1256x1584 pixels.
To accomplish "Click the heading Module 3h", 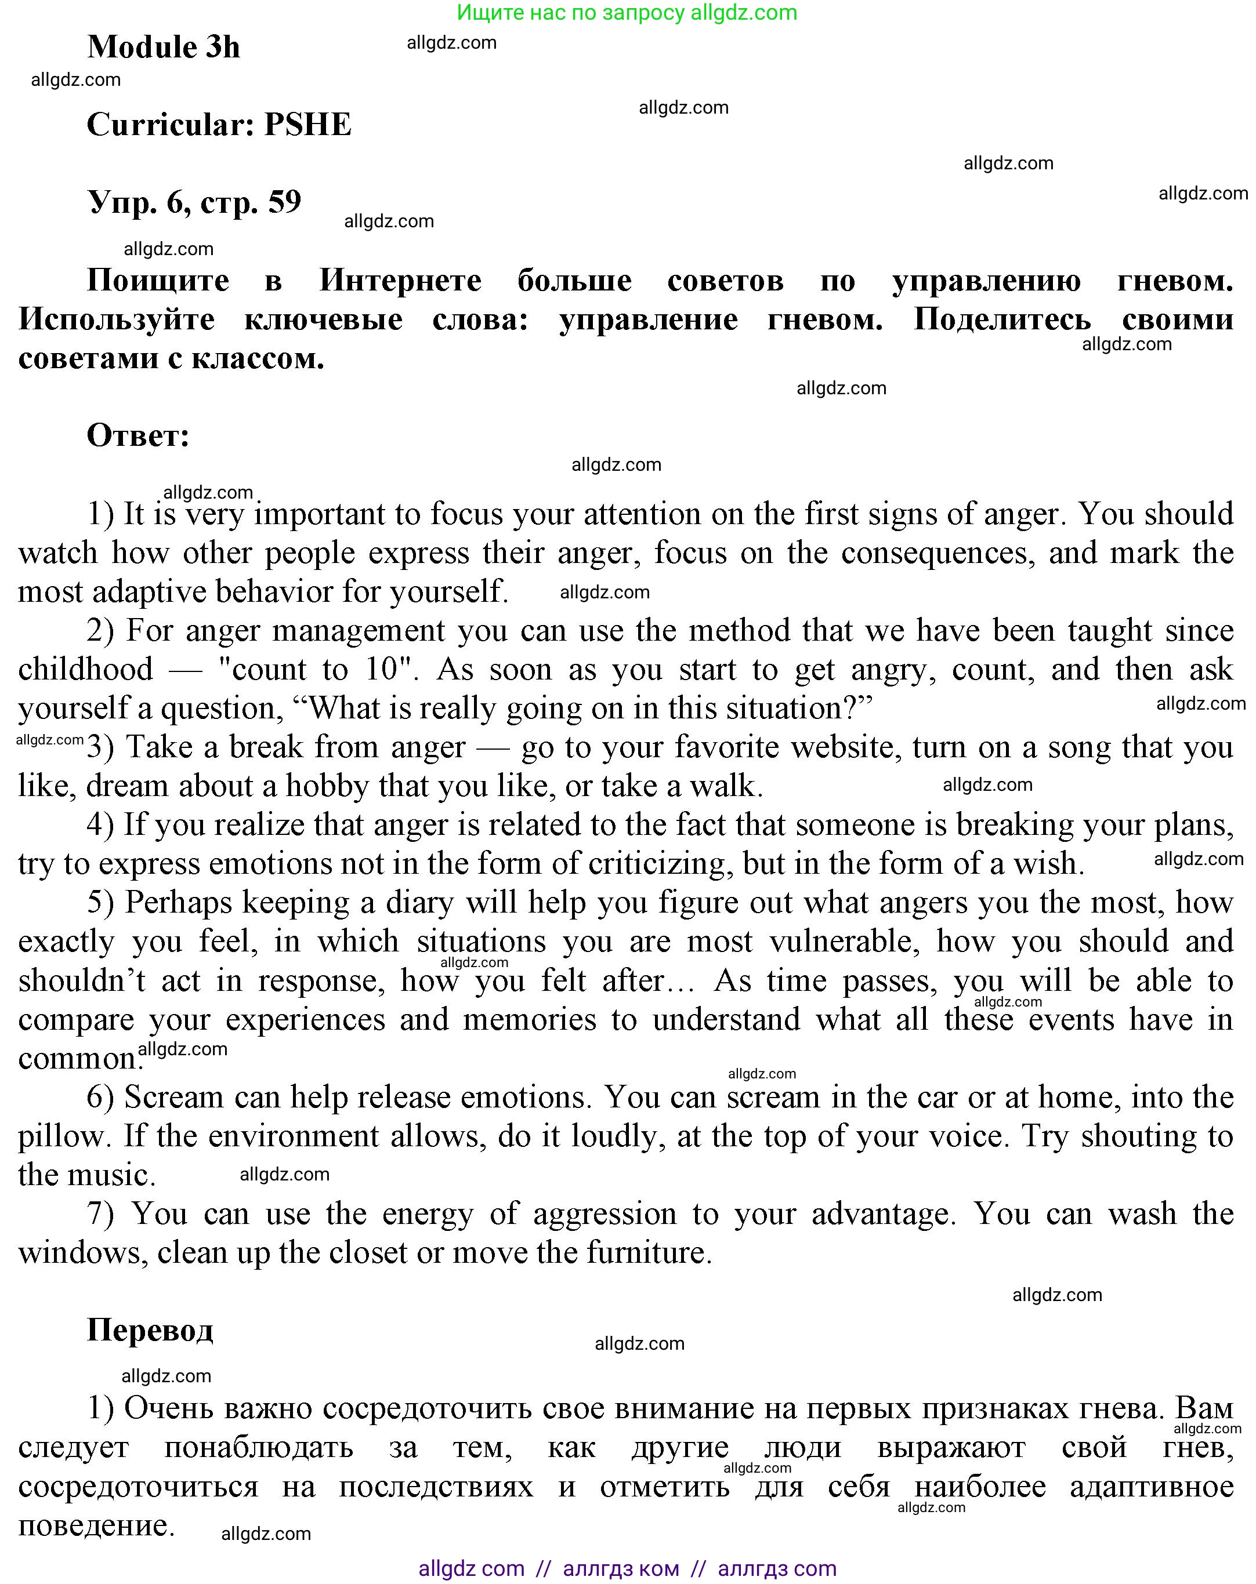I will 163,47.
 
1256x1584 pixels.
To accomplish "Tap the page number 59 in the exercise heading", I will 284,202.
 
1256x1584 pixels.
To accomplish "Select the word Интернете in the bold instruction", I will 400,280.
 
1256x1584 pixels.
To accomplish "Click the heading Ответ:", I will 138,435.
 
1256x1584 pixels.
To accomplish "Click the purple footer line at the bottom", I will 627,1568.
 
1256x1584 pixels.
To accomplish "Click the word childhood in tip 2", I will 85,669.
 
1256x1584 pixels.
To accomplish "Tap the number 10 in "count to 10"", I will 381,669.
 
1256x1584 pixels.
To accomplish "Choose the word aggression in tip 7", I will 604,1214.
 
